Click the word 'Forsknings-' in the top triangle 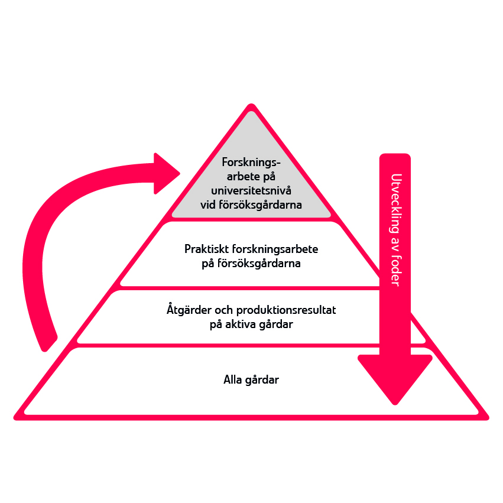(x=251, y=162)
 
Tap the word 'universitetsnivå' (x=251, y=191)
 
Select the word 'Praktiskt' (x=205, y=249)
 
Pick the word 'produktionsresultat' (x=286, y=310)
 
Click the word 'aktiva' (x=243, y=324)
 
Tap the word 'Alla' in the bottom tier (x=232, y=380)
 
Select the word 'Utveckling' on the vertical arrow (x=395, y=205)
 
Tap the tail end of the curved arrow (x=46, y=342)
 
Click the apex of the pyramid (x=252, y=106)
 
